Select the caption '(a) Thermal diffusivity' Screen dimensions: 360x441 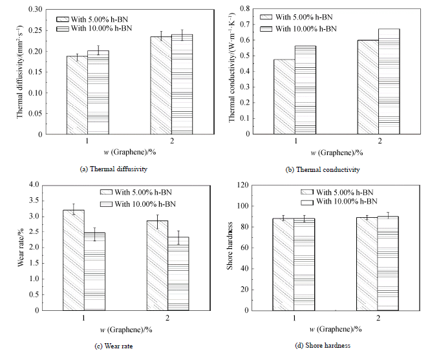(x=110, y=169)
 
